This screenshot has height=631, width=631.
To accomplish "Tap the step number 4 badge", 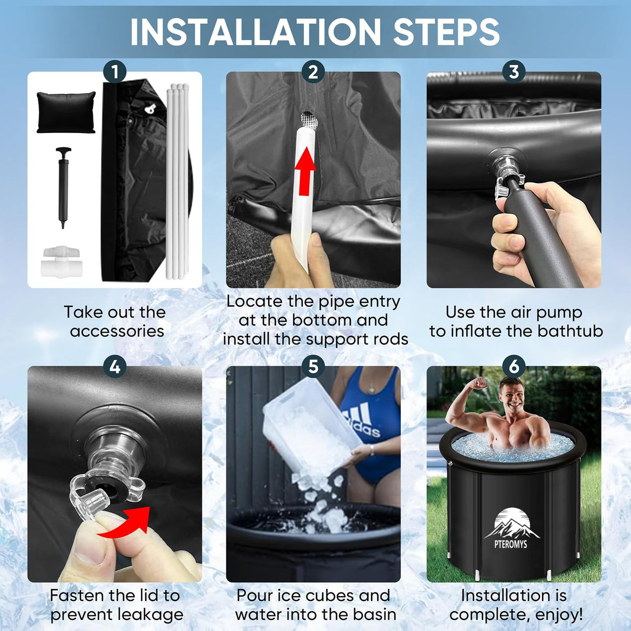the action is [115, 366].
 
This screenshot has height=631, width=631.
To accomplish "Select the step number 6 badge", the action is [514, 366].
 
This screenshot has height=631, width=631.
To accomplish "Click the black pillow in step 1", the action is [66, 112].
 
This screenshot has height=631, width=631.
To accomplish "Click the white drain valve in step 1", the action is [62, 262].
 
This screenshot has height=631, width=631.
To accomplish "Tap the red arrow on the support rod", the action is [305, 171].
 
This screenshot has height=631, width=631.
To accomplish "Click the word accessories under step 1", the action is [117, 331].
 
